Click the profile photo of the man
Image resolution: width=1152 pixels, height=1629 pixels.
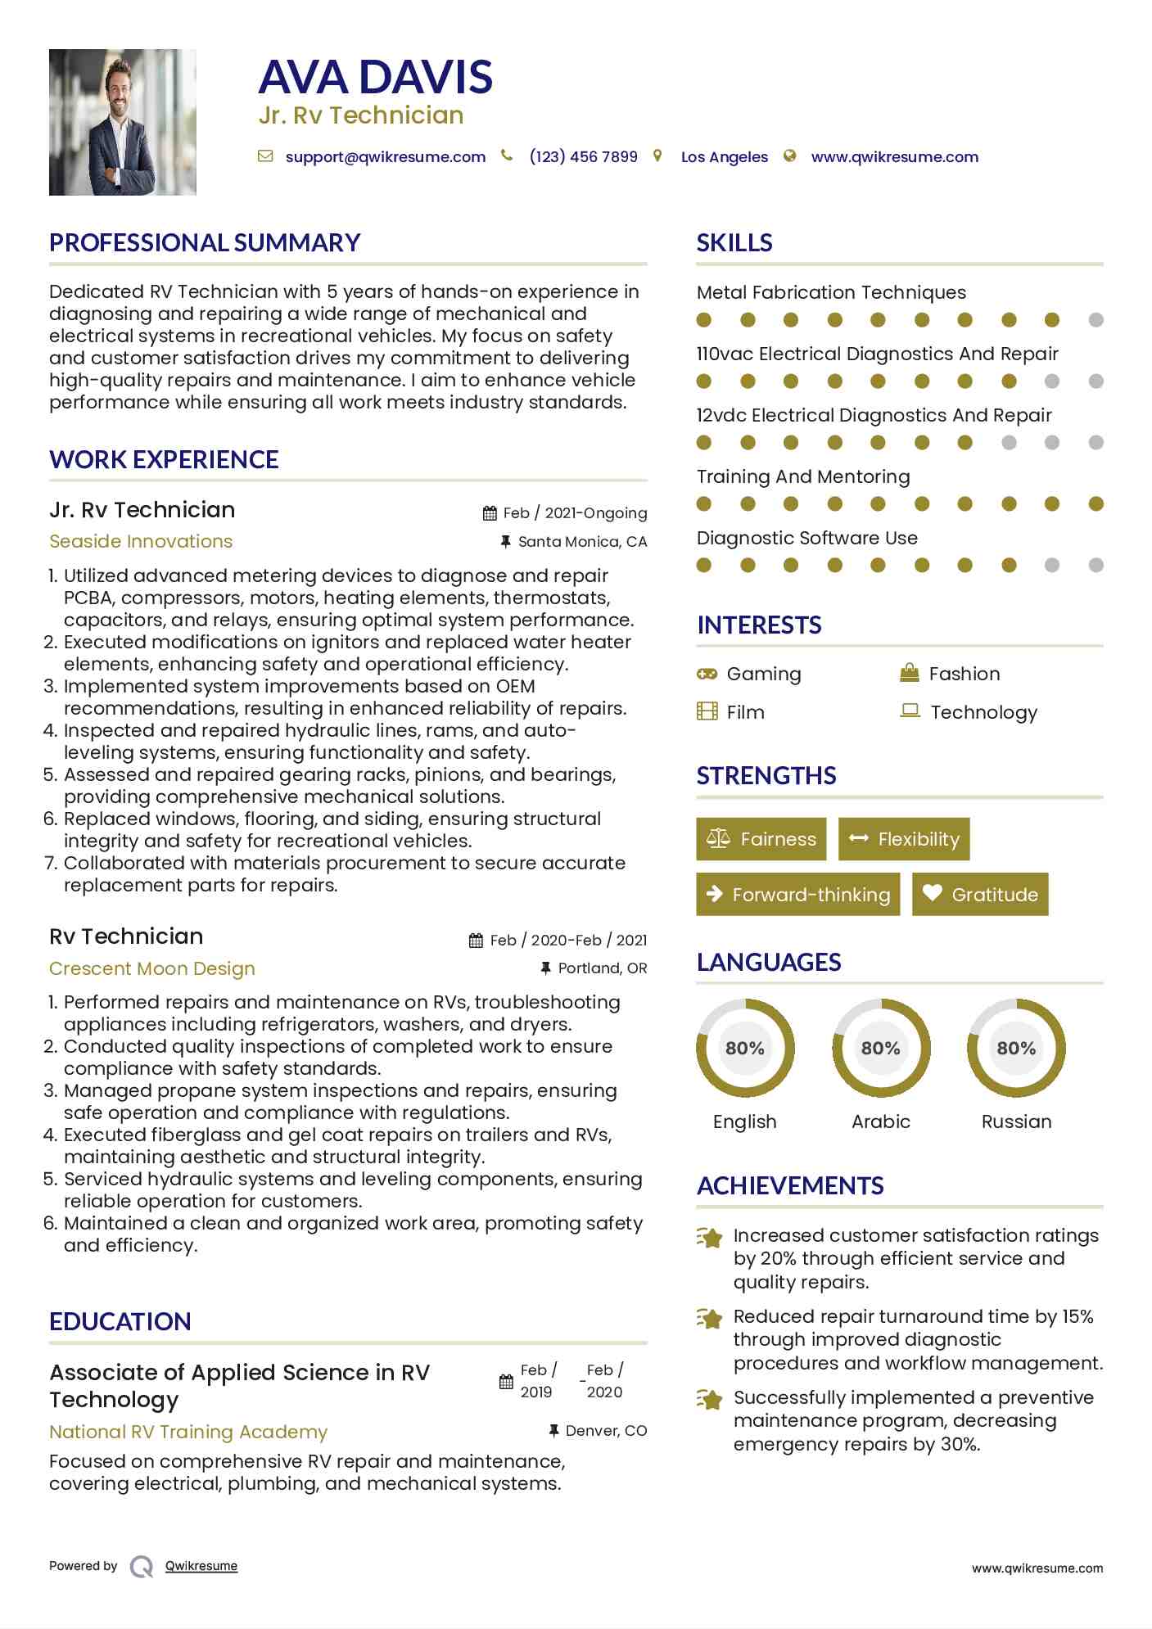[123, 122]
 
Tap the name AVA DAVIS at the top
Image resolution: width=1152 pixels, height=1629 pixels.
[375, 77]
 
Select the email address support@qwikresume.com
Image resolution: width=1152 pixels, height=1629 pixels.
[385, 157]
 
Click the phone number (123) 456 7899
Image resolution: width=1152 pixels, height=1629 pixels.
[583, 157]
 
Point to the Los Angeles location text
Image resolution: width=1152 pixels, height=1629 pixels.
[724, 157]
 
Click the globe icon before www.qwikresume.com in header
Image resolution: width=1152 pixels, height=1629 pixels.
[789, 156]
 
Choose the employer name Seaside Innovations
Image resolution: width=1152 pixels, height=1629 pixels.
[141, 541]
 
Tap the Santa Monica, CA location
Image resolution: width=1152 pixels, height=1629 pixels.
[582, 542]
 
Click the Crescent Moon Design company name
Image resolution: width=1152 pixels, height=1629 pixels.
[152, 968]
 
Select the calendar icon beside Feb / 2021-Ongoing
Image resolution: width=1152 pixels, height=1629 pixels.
[490, 513]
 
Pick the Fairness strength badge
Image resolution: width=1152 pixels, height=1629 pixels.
[761, 839]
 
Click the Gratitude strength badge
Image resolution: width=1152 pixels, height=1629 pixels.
[980, 894]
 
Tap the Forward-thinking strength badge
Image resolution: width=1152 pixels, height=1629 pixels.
[798, 894]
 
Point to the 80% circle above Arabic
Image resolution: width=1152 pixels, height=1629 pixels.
[881, 1048]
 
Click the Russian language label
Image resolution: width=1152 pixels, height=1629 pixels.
[1016, 1121]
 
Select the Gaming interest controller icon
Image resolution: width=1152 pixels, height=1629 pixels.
[707, 674]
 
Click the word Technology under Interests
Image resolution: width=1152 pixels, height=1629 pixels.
[983, 712]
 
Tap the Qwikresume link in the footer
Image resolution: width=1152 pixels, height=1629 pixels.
[201, 1566]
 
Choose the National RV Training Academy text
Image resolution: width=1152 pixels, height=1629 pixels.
[188, 1432]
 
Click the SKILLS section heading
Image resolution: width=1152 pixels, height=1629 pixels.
[734, 243]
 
